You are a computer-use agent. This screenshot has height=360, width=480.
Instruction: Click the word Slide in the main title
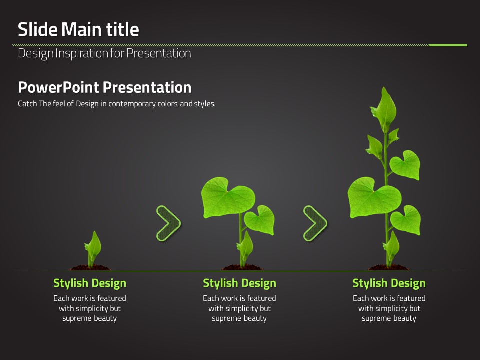pos(38,29)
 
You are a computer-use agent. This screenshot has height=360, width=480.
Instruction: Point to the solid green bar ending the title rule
pos(448,45)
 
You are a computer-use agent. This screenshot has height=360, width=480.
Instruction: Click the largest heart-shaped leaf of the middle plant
pos(228,198)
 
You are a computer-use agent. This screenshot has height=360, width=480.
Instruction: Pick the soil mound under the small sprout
pos(90,268)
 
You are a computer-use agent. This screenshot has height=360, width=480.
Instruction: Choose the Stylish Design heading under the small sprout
pos(90,283)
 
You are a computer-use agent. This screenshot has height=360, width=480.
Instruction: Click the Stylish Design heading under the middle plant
pos(239,283)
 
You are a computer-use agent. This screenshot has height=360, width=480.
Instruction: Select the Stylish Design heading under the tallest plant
pos(389,283)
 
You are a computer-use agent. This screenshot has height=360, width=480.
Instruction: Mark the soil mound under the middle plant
pos(242,268)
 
